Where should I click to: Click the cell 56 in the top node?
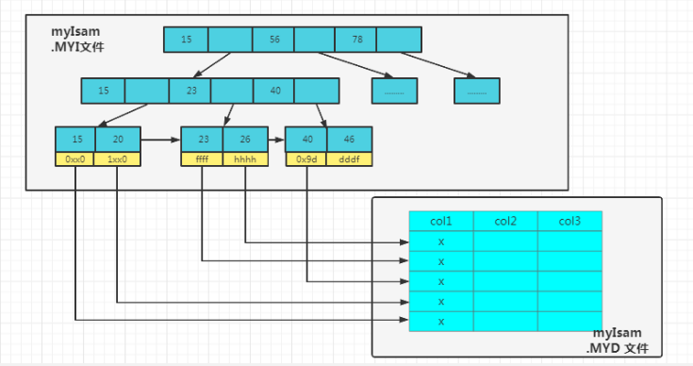(x=273, y=40)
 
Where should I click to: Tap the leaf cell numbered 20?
(x=118, y=140)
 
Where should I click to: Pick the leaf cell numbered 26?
(x=245, y=140)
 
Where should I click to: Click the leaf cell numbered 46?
(x=350, y=140)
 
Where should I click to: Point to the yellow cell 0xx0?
(x=74, y=159)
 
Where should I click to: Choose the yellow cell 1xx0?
(x=117, y=159)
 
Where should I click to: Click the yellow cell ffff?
(x=202, y=159)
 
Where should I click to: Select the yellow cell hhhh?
(x=245, y=159)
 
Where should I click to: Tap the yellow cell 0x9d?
(x=306, y=159)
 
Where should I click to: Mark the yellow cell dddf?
(x=349, y=159)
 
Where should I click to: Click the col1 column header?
(x=441, y=221)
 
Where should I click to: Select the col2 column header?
(x=505, y=221)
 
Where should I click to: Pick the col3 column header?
(x=570, y=221)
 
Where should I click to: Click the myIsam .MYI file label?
(x=77, y=39)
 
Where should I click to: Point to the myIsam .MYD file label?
(x=618, y=341)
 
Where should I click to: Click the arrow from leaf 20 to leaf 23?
(x=161, y=140)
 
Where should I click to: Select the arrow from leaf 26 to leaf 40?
(x=276, y=140)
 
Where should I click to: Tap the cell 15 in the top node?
(x=186, y=40)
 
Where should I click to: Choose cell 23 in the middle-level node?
(x=190, y=91)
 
